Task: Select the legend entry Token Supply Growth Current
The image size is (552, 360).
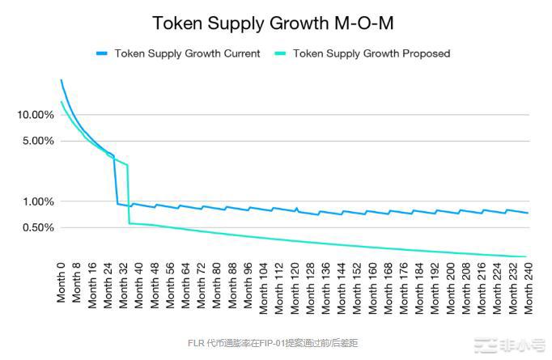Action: point(187,53)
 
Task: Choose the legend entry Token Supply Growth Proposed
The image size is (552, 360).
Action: point(371,53)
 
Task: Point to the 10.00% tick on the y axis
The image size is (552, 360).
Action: point(36,115)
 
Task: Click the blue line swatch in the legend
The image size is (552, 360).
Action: point(103,53)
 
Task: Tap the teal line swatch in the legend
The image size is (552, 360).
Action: point(282,53)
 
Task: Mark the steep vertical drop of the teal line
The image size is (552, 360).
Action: point(128,194)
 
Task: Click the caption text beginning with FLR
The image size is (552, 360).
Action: point(275,343)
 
